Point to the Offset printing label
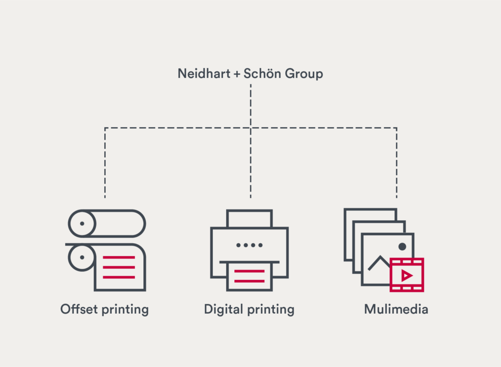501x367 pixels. pos(104,310)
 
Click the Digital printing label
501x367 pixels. pos(249,310)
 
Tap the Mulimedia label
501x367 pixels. pos(396,309)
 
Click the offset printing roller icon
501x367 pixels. pos(106,250)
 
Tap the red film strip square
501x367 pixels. pos(407,275)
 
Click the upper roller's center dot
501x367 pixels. pos(82,223)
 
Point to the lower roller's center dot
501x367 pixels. pos(82,257)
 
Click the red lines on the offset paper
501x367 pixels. pos(119,267)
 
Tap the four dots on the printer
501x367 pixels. pos(249,245)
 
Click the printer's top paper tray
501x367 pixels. pos(249,218)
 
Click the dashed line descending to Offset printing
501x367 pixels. pos(105,166)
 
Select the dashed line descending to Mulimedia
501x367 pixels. pos(396,166)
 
